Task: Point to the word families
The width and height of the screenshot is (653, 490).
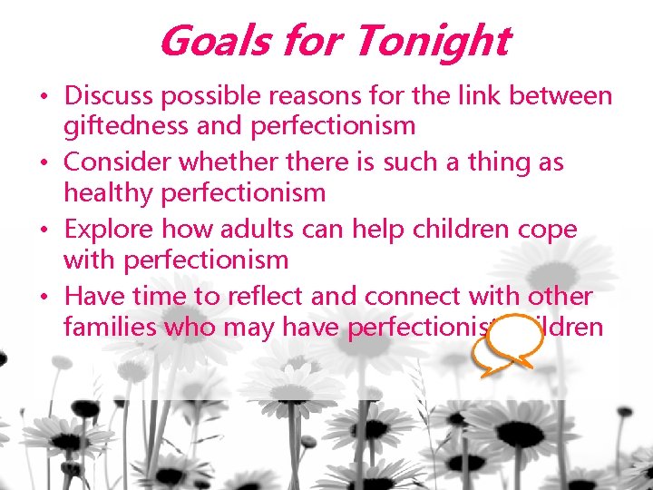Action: point(110,327)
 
